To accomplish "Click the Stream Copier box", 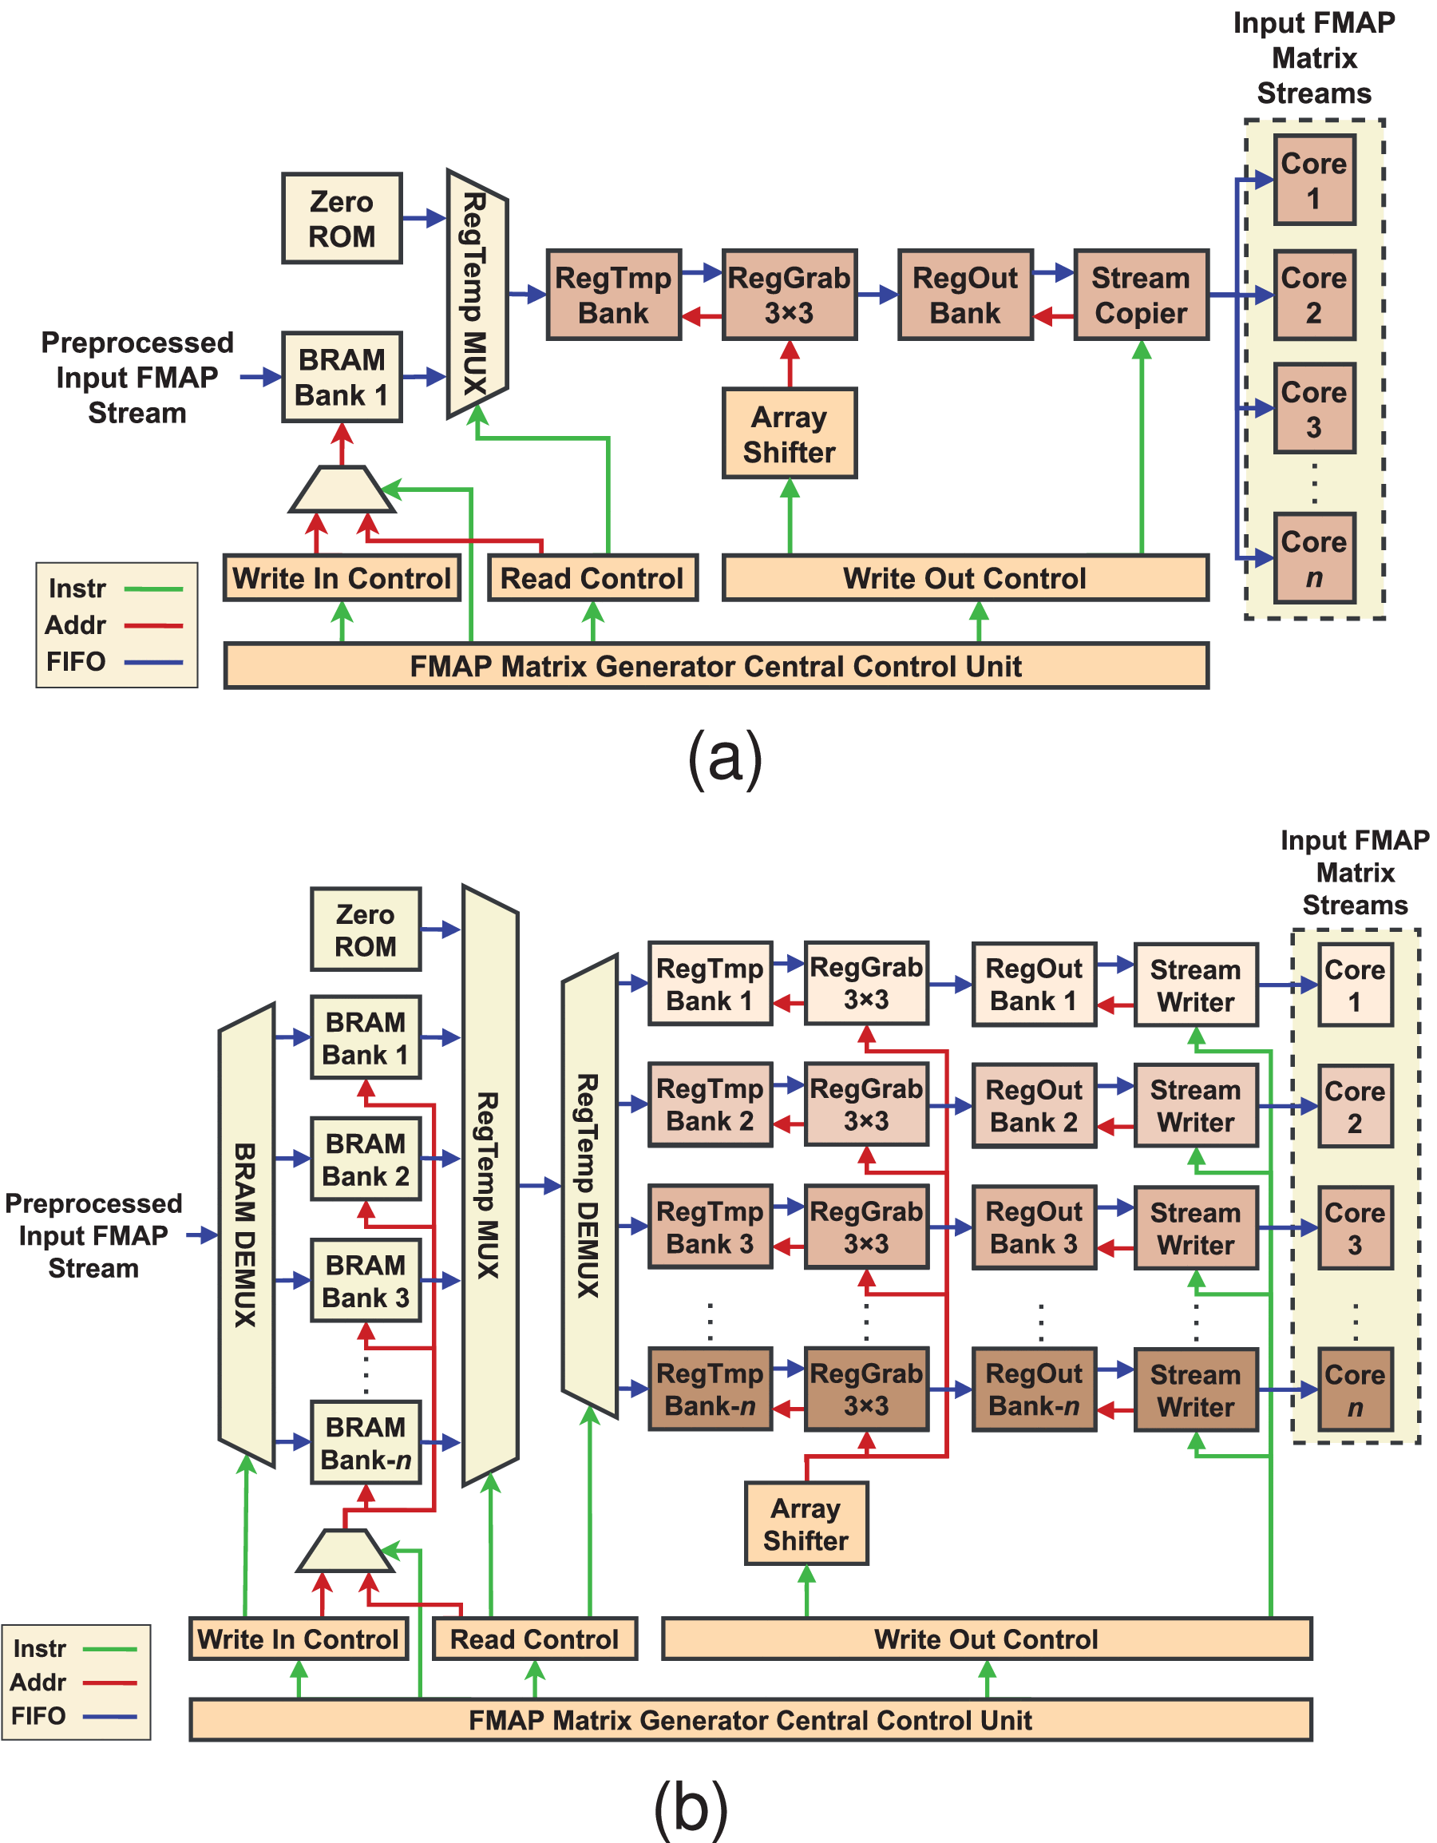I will click(1140, 295).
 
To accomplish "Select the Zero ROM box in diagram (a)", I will click(342, 219).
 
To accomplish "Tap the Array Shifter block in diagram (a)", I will click(789, 434).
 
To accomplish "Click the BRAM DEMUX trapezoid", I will click(246, 1235).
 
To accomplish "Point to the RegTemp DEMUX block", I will click(589, 1187).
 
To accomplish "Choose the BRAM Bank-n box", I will click(366, 1442).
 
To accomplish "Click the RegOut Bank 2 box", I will click(1034, 1105).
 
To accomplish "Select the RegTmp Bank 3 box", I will click(710, 1227).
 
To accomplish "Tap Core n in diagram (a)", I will click(1314, 559).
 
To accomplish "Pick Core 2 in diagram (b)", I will click(1354, 1106).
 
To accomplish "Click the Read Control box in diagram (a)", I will click(592, 578).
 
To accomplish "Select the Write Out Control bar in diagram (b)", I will click(986, 1639).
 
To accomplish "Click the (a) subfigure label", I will click(725, 759).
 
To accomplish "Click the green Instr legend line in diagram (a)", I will click(153, 589).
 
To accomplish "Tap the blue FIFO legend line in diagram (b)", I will click(109, 1715).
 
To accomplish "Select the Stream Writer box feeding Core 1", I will click(1195, 985).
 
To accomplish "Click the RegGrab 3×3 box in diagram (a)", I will click(789, 295).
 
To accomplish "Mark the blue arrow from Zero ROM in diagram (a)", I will click(424, 219).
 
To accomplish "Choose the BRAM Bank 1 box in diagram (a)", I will click(342, 377).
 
